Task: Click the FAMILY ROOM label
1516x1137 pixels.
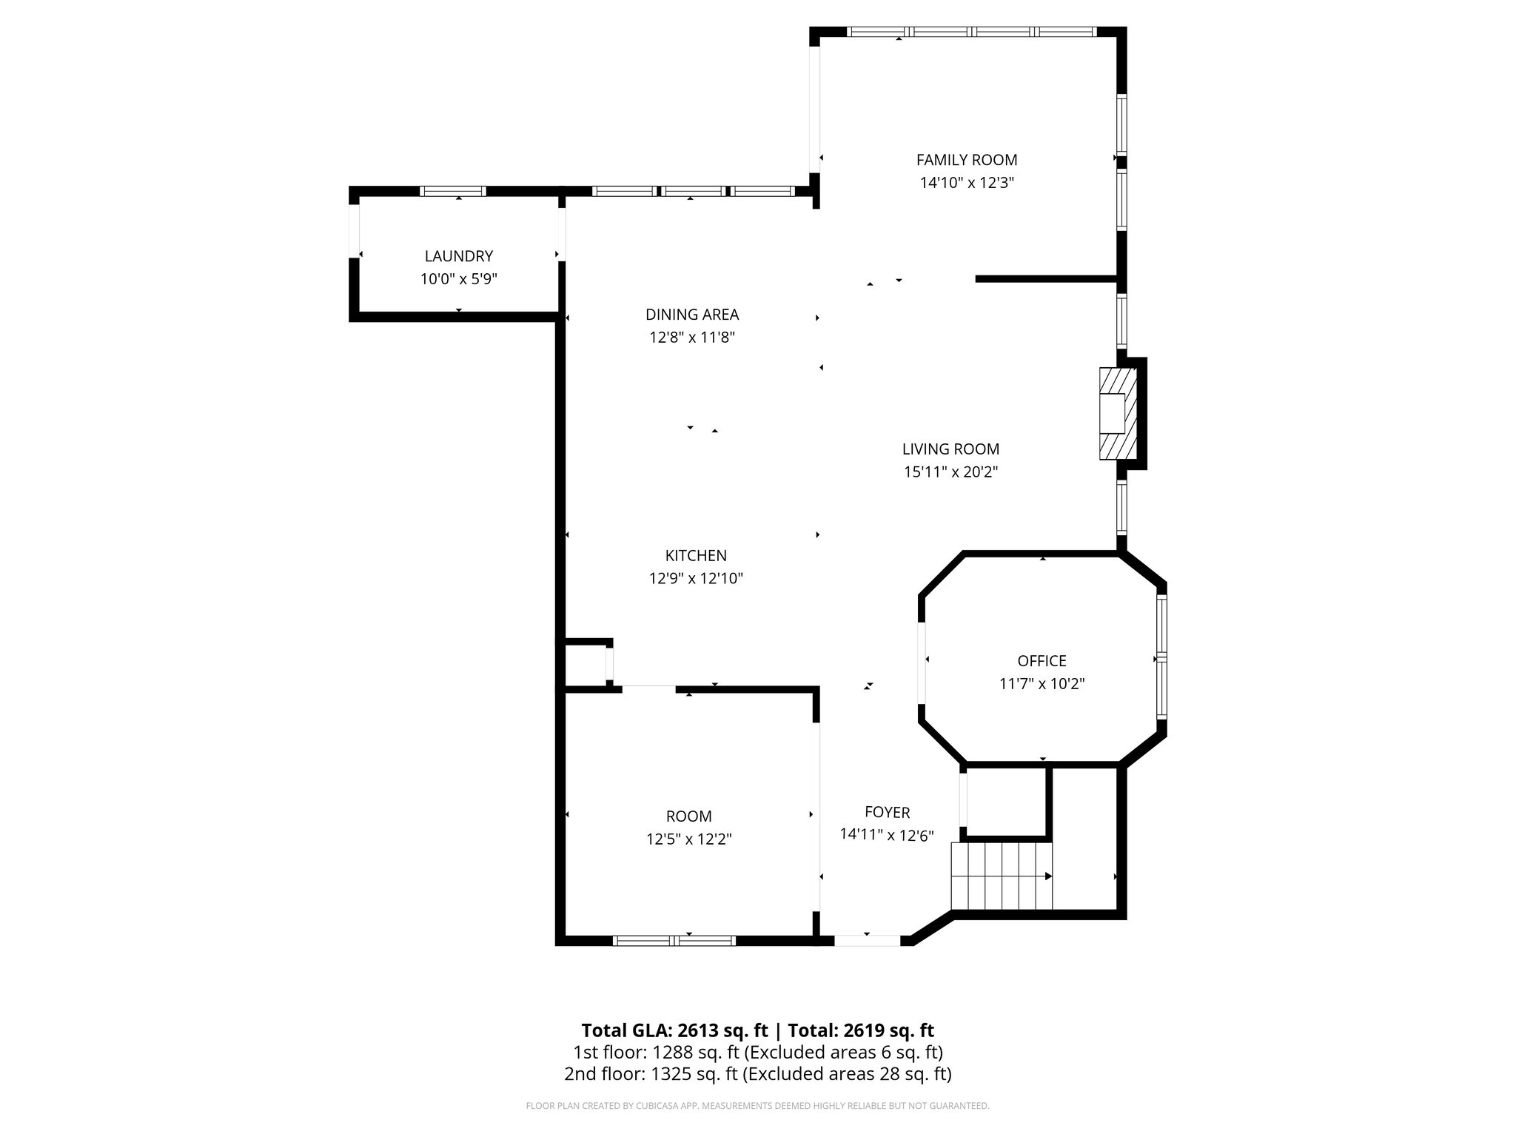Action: [966, 160]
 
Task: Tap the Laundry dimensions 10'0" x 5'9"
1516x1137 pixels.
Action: [458, 279]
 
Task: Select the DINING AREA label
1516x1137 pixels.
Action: [691, 315]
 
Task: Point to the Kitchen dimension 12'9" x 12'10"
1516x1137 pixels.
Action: [696, 578]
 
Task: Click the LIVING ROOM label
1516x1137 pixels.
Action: [950, 449]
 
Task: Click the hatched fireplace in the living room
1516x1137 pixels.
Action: [1117, 414]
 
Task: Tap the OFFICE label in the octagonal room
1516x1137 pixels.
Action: [1042, 661]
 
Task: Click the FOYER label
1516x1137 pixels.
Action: [887, 813]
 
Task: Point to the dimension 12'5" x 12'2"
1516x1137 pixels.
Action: [688, 839]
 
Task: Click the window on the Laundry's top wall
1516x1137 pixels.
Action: [453, 191]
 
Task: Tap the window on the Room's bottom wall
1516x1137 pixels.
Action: [674, 941]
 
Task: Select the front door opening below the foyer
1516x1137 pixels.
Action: [868, 941]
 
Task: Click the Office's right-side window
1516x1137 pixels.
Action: [1161, 657]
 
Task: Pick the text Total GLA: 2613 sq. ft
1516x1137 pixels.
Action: [674, 1030]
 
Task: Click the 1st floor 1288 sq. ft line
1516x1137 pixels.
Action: [757, 1052]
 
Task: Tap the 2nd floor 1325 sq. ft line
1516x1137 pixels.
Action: [757, 1074]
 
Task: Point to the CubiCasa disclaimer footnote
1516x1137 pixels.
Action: [757, 1106]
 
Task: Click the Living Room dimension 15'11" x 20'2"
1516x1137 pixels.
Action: [950, 472]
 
